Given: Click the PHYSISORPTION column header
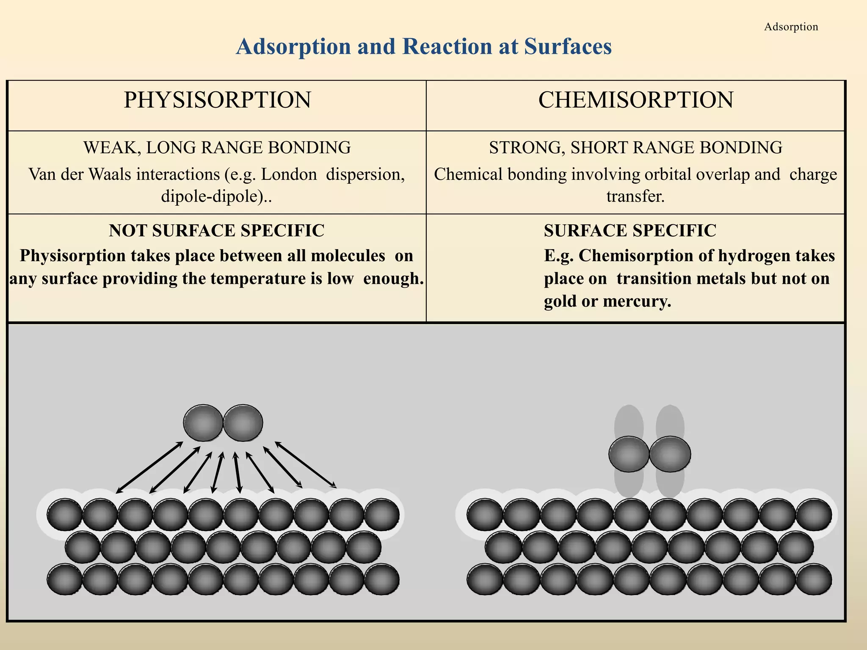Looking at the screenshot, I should click(217, 100).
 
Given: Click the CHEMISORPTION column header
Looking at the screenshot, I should click(635, 100).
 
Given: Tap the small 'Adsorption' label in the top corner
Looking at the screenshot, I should click(791, 27).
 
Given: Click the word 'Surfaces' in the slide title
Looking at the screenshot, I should click(568, 46).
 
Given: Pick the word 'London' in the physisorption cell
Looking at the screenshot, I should click(289, 174).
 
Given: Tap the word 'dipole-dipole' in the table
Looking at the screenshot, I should click(210, 196).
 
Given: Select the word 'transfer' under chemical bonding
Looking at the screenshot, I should click(634, 196).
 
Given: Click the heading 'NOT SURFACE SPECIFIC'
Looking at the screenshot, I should click(216, 231).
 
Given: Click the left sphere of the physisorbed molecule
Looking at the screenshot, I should click(203, 423).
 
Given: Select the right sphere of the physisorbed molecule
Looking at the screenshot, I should click(243, 423).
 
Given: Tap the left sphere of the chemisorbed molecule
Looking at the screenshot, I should click(629, 454).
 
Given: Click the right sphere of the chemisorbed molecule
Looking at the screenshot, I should click(670, 454).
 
